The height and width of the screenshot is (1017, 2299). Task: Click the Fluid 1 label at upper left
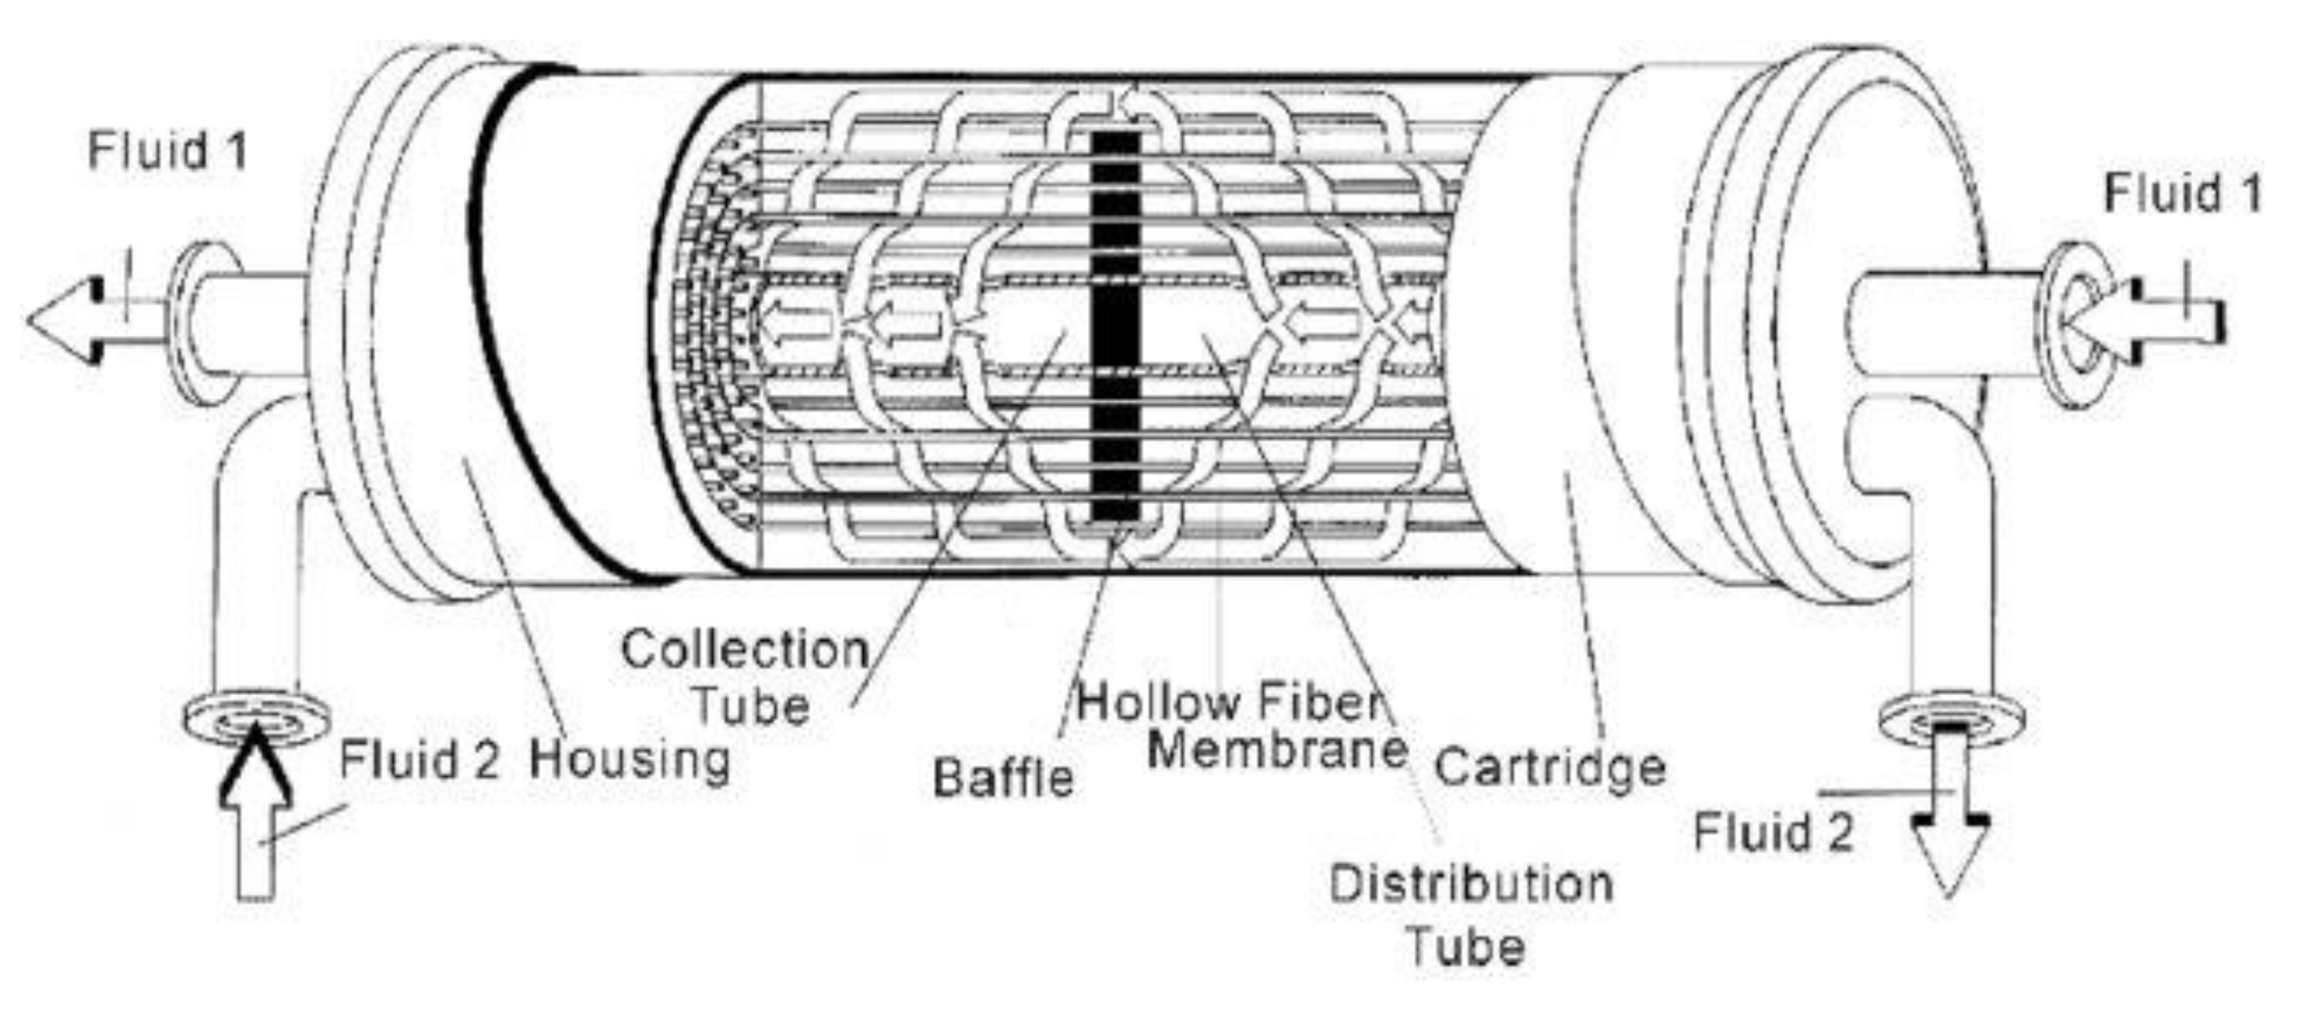[x=167, y=151]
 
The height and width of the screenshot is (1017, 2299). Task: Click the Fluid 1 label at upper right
[x=2183, y=194]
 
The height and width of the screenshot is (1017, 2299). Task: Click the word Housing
[x=630, y=761]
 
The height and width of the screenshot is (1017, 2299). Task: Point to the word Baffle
[x=1003, y=778]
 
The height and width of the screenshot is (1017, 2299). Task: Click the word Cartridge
[x=1549, y=767]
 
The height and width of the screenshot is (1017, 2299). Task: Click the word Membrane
[x=1276, y=750]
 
